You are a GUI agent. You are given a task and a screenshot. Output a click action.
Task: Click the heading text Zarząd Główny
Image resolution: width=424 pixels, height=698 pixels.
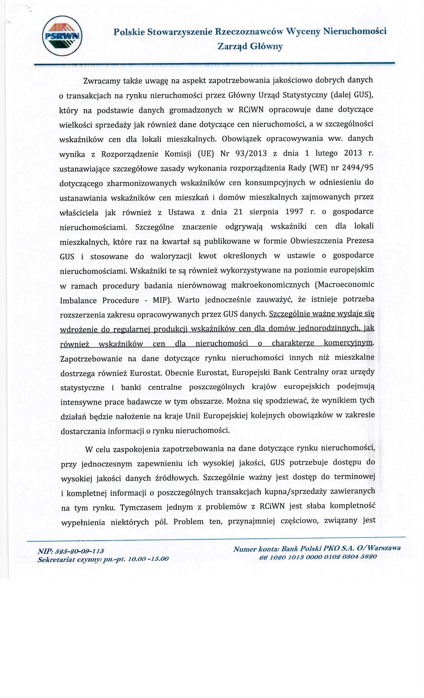click(250, 46)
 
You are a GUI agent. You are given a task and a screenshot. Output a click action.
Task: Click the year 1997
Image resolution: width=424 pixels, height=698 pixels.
click(294, 212)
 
